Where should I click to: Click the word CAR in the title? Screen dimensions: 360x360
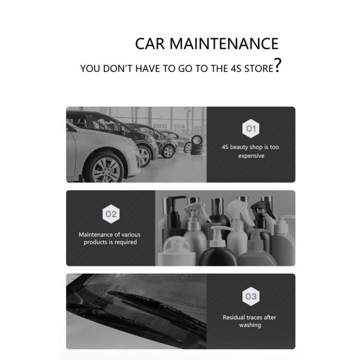click(x=149, y=44)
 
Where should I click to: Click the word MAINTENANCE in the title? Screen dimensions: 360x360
click(x=224, y=44)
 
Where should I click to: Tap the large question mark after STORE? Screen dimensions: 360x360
click(x=278, y=65)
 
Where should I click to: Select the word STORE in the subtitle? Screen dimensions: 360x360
click(x=259, y=68)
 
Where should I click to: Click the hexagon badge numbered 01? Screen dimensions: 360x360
click(x=251, y=128)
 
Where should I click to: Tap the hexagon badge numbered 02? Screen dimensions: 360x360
click(x=111, y=214)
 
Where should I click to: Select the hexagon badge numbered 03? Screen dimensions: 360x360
click(x=251, y=296)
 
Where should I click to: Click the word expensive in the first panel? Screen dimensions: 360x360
click(x=251, y=156)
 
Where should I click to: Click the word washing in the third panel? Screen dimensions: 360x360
click(x=250, y=325)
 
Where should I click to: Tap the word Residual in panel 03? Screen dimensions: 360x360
click(x=233, y=317)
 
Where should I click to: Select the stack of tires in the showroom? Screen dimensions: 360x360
click(x=197, y=145)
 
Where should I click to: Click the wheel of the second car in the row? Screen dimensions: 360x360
click(x=144, y=156)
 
